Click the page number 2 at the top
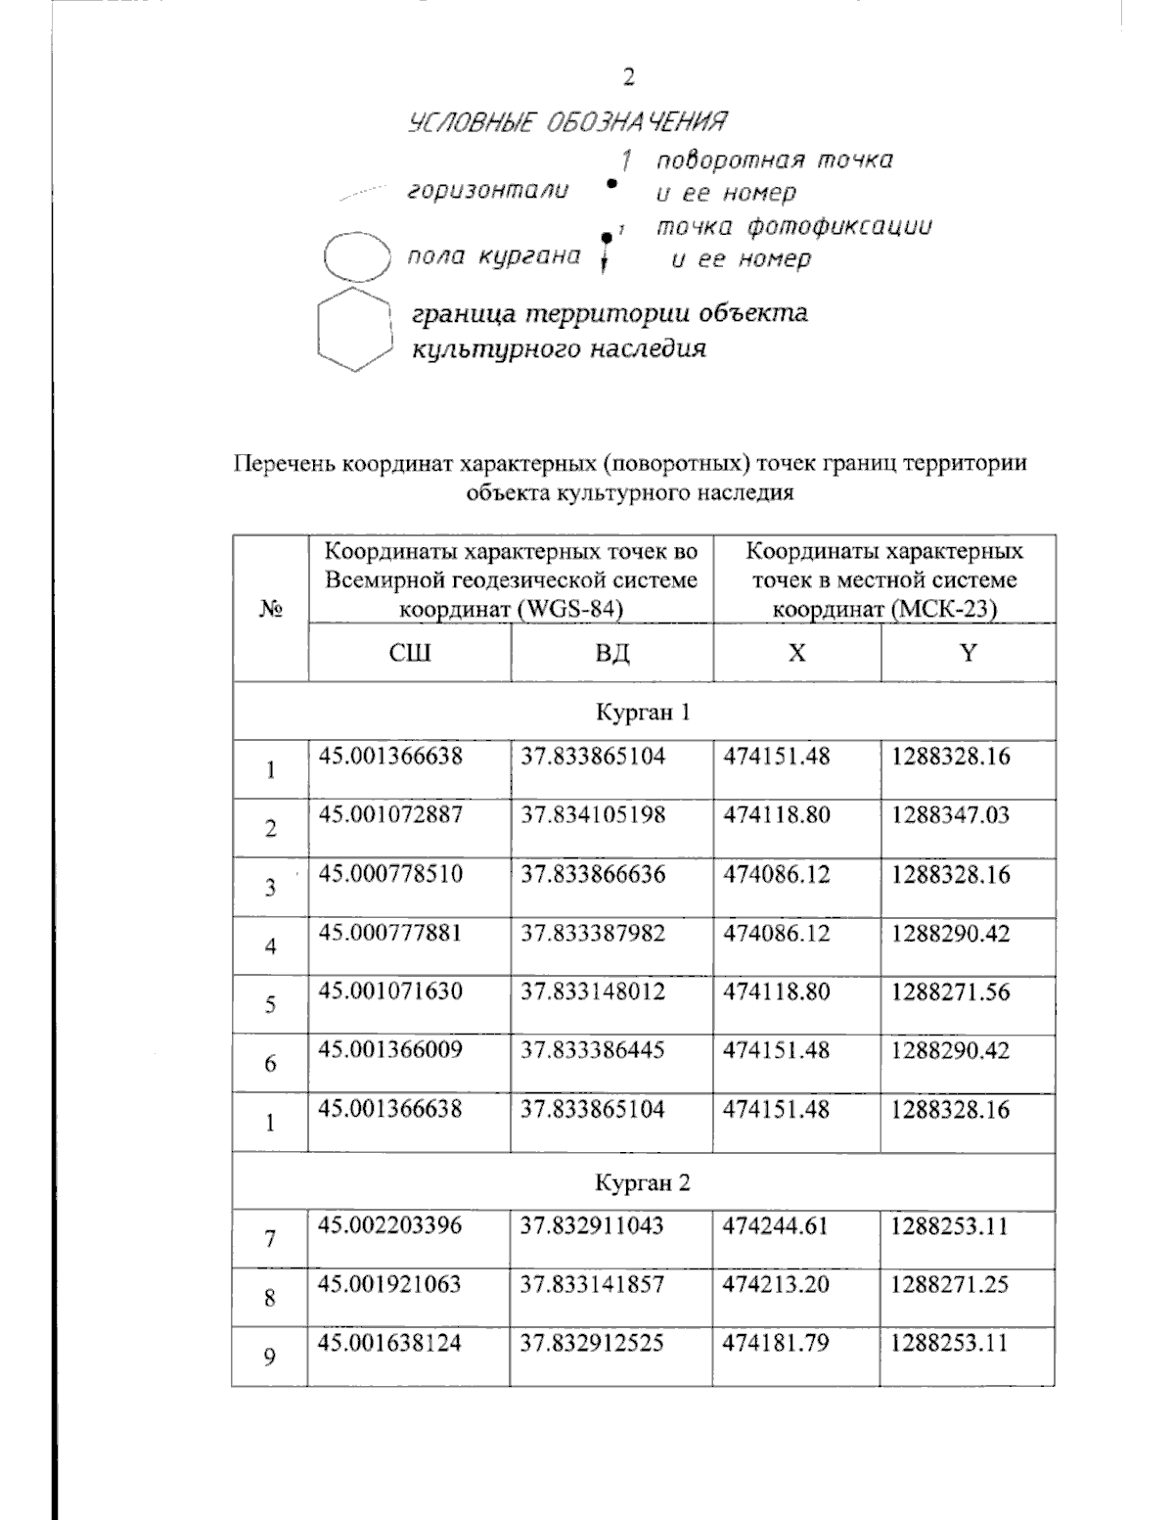point(629,77)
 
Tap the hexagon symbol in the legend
point(355,329)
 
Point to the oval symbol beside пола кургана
point(357,256)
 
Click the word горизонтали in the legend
point(487,191)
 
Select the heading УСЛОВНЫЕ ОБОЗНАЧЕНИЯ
point(567,122)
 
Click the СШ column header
point(409,653)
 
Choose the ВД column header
point(611,653)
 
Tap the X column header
point(796,653)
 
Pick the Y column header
point(968,653)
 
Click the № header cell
point(270,610)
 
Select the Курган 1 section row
point(643,712)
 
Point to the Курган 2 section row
point(643,1182)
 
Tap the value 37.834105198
point(593,815)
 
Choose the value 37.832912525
point(593,1343)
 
